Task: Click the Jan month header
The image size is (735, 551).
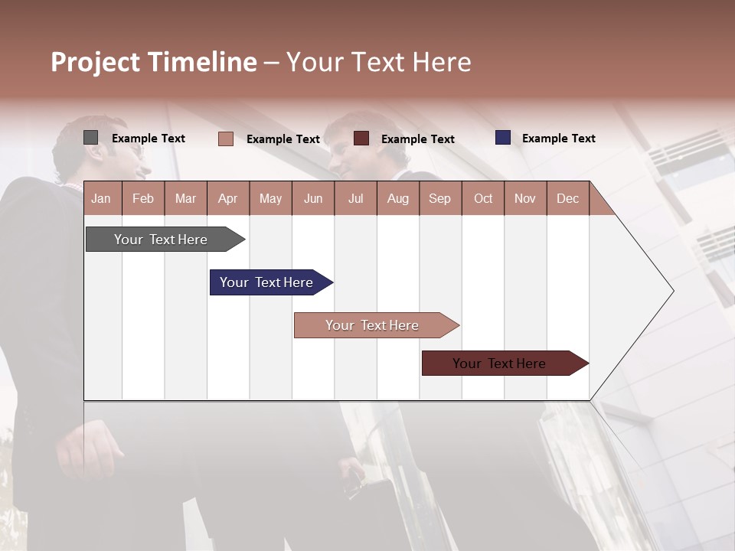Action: click(x=102, y=198)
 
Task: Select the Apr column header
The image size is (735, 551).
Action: click(x=228, y=198)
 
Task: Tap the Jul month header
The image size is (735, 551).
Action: click(x=355, y=198)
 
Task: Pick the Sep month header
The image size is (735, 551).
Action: click(x=439, y=198)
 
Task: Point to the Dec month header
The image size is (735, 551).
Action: click(x=567, y=198)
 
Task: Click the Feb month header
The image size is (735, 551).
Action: click(x=143, y=198)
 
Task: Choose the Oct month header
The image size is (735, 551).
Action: click(x=483, y=198)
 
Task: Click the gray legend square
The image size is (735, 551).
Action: click(x=91, y=138)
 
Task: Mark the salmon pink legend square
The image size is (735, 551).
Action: click(x=226, y=139)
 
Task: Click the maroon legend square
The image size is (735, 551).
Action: click(x=361, y=139)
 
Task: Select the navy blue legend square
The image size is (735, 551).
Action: click(x=503, y=138)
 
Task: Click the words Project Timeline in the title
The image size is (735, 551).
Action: click(x=154, y=62)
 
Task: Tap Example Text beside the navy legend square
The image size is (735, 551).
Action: click(x=558, y=139)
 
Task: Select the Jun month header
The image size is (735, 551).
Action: click(x=313, y=198)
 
